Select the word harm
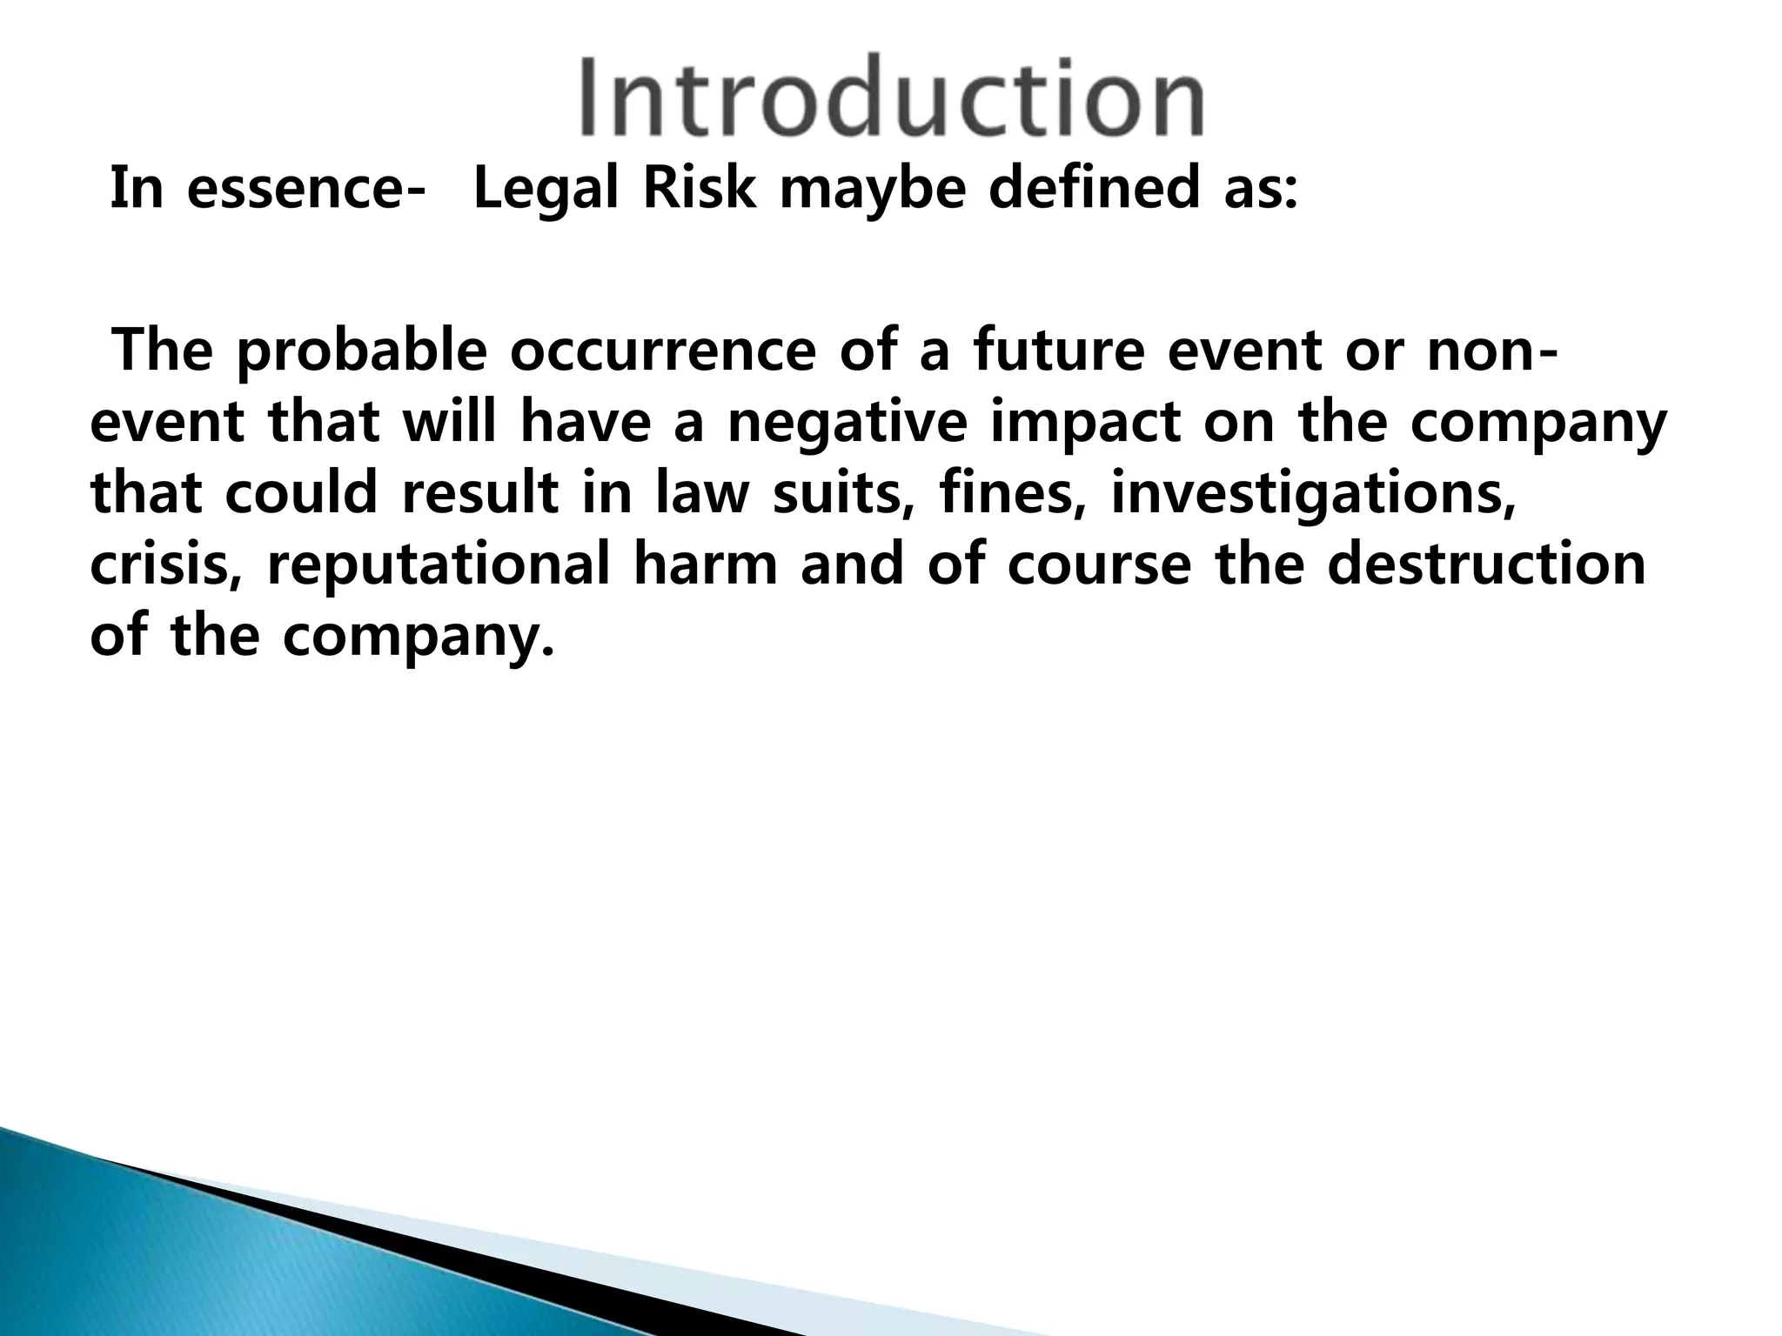point(705,565)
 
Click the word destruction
point(1487,565)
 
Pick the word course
point(1099,565)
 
